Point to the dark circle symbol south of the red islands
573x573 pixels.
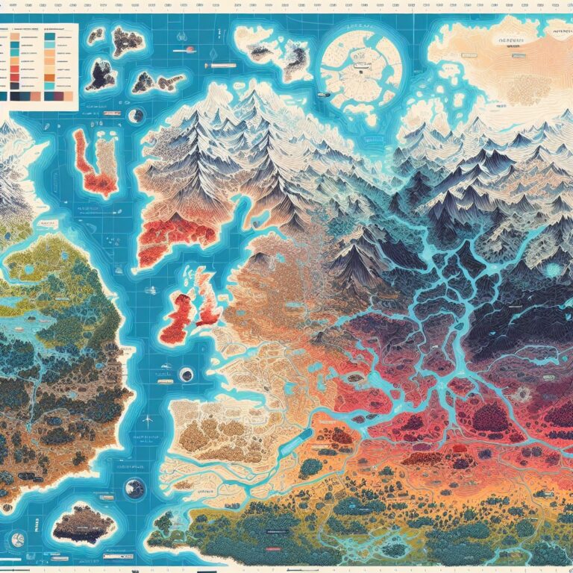click(x=187, y=375)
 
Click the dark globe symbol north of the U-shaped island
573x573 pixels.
click(x=136, y=116)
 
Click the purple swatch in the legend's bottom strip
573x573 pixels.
click(x=36, y=96)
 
